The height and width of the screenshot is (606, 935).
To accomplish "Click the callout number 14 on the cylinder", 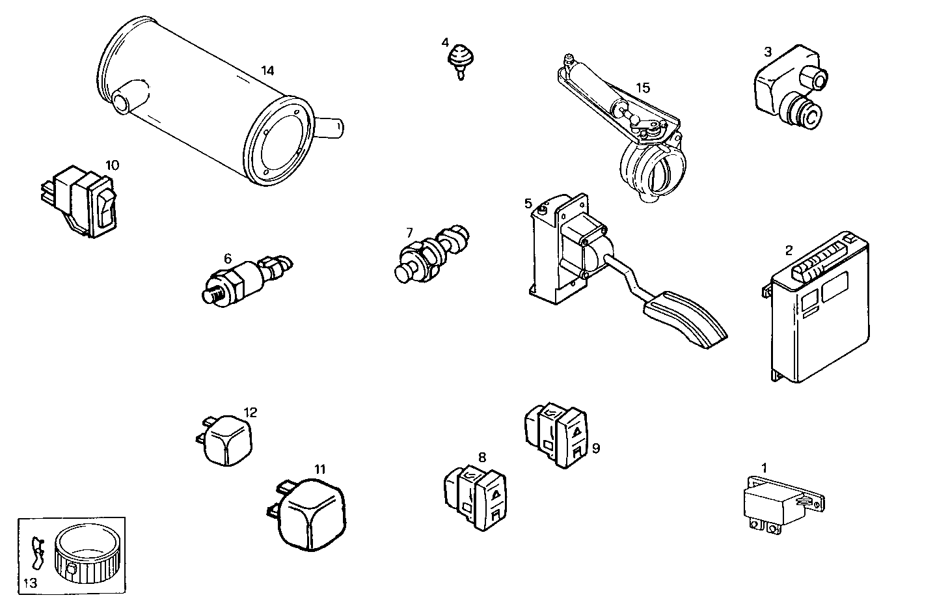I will click(267, 70).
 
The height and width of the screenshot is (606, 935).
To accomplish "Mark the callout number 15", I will click(642, 88).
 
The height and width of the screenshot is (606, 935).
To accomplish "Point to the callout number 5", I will click(528, 204).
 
